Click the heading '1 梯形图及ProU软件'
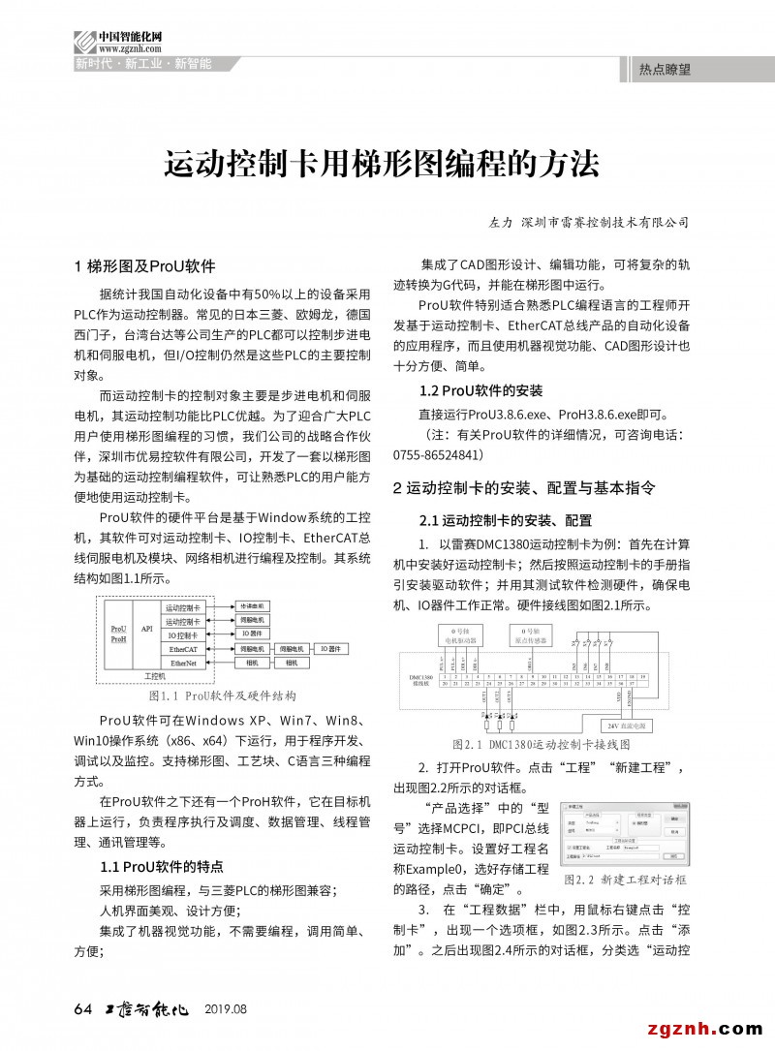(144, 266)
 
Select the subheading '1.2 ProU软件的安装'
(480, 391)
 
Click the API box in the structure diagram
(147, 629)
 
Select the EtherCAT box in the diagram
(183, 649)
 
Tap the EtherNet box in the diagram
(183, 664)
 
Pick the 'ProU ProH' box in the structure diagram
(119, 634)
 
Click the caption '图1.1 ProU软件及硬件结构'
(222, 696)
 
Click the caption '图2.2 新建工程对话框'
(625, 880)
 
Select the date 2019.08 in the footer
(226, 1009)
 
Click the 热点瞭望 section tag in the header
(665, 70)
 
